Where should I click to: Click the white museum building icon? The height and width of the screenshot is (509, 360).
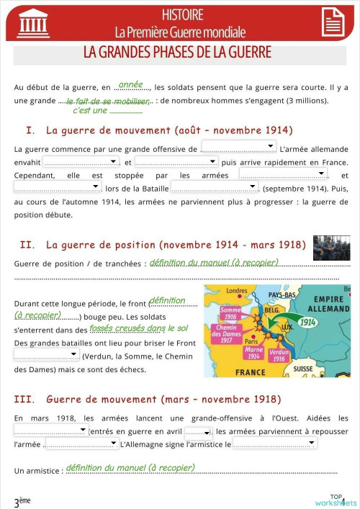(33, 23)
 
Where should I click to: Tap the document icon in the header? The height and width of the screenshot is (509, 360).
(332, 22)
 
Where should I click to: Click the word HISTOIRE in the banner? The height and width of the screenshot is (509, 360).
(182, 14)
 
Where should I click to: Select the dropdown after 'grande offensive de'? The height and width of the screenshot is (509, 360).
(238, 147)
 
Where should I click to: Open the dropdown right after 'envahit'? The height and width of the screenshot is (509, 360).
(81, 162)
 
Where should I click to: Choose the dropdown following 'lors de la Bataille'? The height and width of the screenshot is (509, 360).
(214, 186)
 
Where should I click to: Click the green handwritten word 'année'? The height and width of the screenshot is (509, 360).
(130, 85)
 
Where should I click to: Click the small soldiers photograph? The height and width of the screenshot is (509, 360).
(331, 248)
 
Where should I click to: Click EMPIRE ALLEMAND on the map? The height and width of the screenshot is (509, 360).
(328, 304)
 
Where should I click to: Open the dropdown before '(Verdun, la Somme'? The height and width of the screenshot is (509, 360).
(46, 355)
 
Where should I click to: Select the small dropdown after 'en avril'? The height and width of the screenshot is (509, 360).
(198, 433)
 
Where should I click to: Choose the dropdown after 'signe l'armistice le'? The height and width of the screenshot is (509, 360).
(274, 443)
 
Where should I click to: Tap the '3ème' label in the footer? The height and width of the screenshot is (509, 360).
(22, 501)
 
